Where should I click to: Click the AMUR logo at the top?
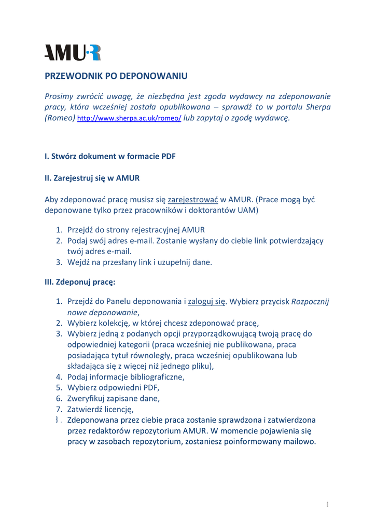(73, 53)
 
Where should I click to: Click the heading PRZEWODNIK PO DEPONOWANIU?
(116, 76)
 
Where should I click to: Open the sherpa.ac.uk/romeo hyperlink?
(129, 119)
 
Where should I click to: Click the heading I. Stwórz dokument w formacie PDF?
(110, 156)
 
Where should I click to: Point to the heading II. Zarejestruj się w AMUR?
(92, 178)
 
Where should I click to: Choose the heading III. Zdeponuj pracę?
(80, 283)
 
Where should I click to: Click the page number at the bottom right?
(328, 505)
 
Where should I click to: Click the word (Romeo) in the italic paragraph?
(60, 118)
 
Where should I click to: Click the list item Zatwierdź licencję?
(101, 409)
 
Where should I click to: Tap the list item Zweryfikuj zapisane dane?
(114, 398)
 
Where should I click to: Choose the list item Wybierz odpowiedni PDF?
(114, 387)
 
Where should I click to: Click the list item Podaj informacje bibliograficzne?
(126, 377)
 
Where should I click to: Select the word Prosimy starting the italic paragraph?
(60, 96)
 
